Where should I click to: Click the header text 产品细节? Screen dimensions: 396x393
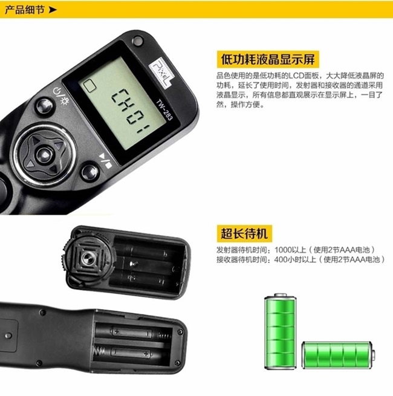pyautogui.click(x=23, y=10)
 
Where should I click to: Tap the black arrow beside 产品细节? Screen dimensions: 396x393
pyautogui.click(x=53, y=10)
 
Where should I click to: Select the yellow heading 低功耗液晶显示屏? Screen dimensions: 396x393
pyautogui.click(x=267, y=59)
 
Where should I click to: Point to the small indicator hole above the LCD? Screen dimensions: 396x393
pyautogui.click(x=137, y=41)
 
